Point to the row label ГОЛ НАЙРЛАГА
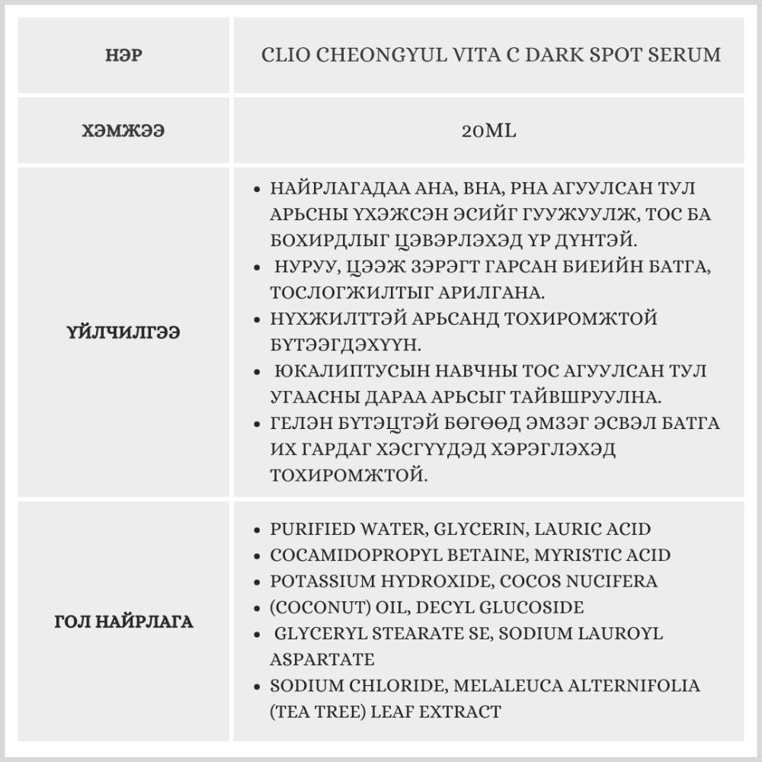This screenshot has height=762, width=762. [123, 622]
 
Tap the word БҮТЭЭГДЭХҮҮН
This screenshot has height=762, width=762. [344, 344]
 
